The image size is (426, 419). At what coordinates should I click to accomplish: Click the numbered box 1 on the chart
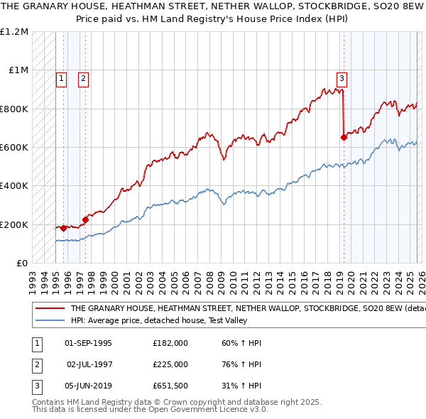62,79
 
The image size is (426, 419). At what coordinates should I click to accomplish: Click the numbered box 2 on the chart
84,79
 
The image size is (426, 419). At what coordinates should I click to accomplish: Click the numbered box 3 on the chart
342,79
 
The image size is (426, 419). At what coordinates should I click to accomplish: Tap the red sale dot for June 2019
344,138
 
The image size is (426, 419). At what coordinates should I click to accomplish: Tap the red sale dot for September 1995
64,228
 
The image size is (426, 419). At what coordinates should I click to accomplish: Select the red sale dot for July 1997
85,219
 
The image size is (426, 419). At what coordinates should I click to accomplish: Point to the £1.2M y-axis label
15,32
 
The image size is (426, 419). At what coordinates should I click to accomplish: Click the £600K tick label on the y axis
14,148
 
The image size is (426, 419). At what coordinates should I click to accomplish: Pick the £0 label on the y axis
21,263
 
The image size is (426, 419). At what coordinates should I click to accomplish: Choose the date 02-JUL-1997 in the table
89,364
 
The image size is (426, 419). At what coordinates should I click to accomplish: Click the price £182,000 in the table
170,343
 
